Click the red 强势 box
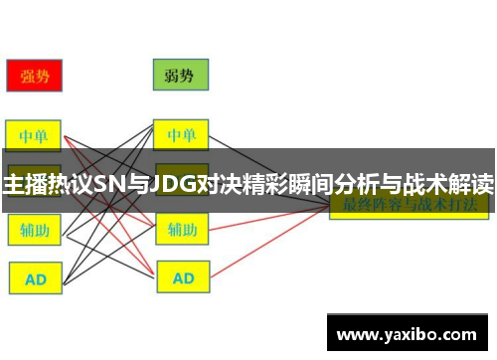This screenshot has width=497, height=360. [x=35, y=75]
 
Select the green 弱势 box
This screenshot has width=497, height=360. [x=180, y=75]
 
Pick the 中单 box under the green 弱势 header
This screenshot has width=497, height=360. [x=180, y=135]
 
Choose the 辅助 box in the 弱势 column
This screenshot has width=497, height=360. [x=181, y=230]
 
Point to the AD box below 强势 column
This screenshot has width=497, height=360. [x=35, y=279]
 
